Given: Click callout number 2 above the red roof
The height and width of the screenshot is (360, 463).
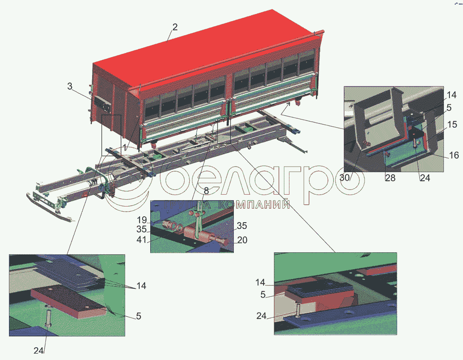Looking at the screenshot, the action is click(175, 27).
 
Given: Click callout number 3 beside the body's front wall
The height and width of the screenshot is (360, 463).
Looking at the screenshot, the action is click(70, 86).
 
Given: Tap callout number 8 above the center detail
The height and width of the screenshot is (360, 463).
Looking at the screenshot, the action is click(206, 191).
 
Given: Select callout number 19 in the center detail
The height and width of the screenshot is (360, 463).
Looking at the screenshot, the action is click(142, 220).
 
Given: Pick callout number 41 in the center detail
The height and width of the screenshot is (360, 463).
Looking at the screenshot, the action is click(141, 239).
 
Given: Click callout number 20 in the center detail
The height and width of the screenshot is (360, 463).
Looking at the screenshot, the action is click(242, 240).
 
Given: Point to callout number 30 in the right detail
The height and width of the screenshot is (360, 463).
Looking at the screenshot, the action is click(345, 178).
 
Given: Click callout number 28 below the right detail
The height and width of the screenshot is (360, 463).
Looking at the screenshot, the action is click(390, 178).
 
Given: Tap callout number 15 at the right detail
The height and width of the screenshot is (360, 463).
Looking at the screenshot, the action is click(452, 124).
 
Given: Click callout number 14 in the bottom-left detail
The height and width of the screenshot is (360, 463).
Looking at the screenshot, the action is click(141, 286).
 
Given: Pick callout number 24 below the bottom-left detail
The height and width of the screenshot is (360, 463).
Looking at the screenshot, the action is click(39, 351).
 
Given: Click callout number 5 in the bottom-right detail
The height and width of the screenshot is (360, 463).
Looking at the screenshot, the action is click(263, 295).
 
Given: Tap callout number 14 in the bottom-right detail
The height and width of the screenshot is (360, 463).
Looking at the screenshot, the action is click(261, 282).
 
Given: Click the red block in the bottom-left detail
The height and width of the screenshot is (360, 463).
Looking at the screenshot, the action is click(68, 301).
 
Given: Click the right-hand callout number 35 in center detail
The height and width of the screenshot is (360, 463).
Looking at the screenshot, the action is click(241, 226).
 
